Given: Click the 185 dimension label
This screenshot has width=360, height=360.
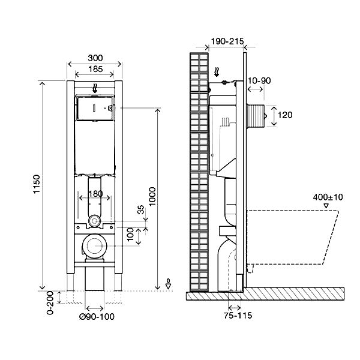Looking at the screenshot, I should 95,69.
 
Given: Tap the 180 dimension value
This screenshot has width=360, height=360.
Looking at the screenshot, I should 95,194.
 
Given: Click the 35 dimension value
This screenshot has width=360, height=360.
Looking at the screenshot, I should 140,210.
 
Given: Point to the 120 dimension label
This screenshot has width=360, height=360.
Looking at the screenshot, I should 286,115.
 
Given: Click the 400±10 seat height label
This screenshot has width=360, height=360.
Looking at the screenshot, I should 327,197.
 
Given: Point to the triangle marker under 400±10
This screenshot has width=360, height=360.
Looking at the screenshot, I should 326,206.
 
